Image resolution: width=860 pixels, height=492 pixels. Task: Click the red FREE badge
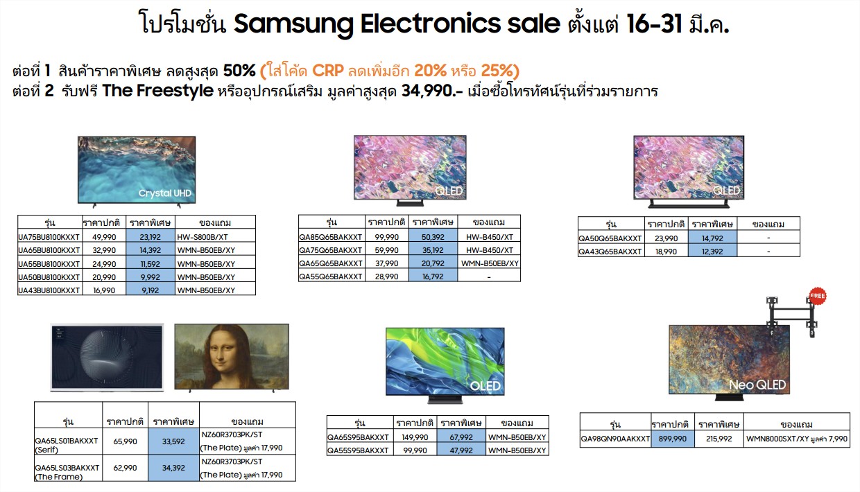point(818,296)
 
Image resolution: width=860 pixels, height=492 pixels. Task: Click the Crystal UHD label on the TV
point(164,193)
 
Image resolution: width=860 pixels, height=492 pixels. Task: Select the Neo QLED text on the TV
point(757,385)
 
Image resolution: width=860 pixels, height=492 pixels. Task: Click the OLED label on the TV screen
point(485,385)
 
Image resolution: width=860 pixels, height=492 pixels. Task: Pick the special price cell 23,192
point(150,236)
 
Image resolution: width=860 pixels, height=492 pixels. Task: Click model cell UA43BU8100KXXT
point(49,290)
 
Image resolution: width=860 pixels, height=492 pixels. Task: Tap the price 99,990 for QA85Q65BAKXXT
point(386,237)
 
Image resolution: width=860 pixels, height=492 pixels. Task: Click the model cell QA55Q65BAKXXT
point(331,276)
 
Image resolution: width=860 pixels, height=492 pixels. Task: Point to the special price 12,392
point(712,252)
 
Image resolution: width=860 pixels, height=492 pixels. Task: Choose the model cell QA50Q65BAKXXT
point(610,238)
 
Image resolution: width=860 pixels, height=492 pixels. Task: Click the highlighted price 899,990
point(672,439)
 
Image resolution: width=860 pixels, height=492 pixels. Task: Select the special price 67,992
point(461,437)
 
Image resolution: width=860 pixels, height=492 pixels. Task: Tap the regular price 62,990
point(125,468)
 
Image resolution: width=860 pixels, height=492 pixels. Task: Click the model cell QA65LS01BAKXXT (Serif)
point(67,444)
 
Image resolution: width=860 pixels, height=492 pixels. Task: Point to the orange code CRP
point(327,71)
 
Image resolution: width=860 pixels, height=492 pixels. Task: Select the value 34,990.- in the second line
point(432,91)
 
